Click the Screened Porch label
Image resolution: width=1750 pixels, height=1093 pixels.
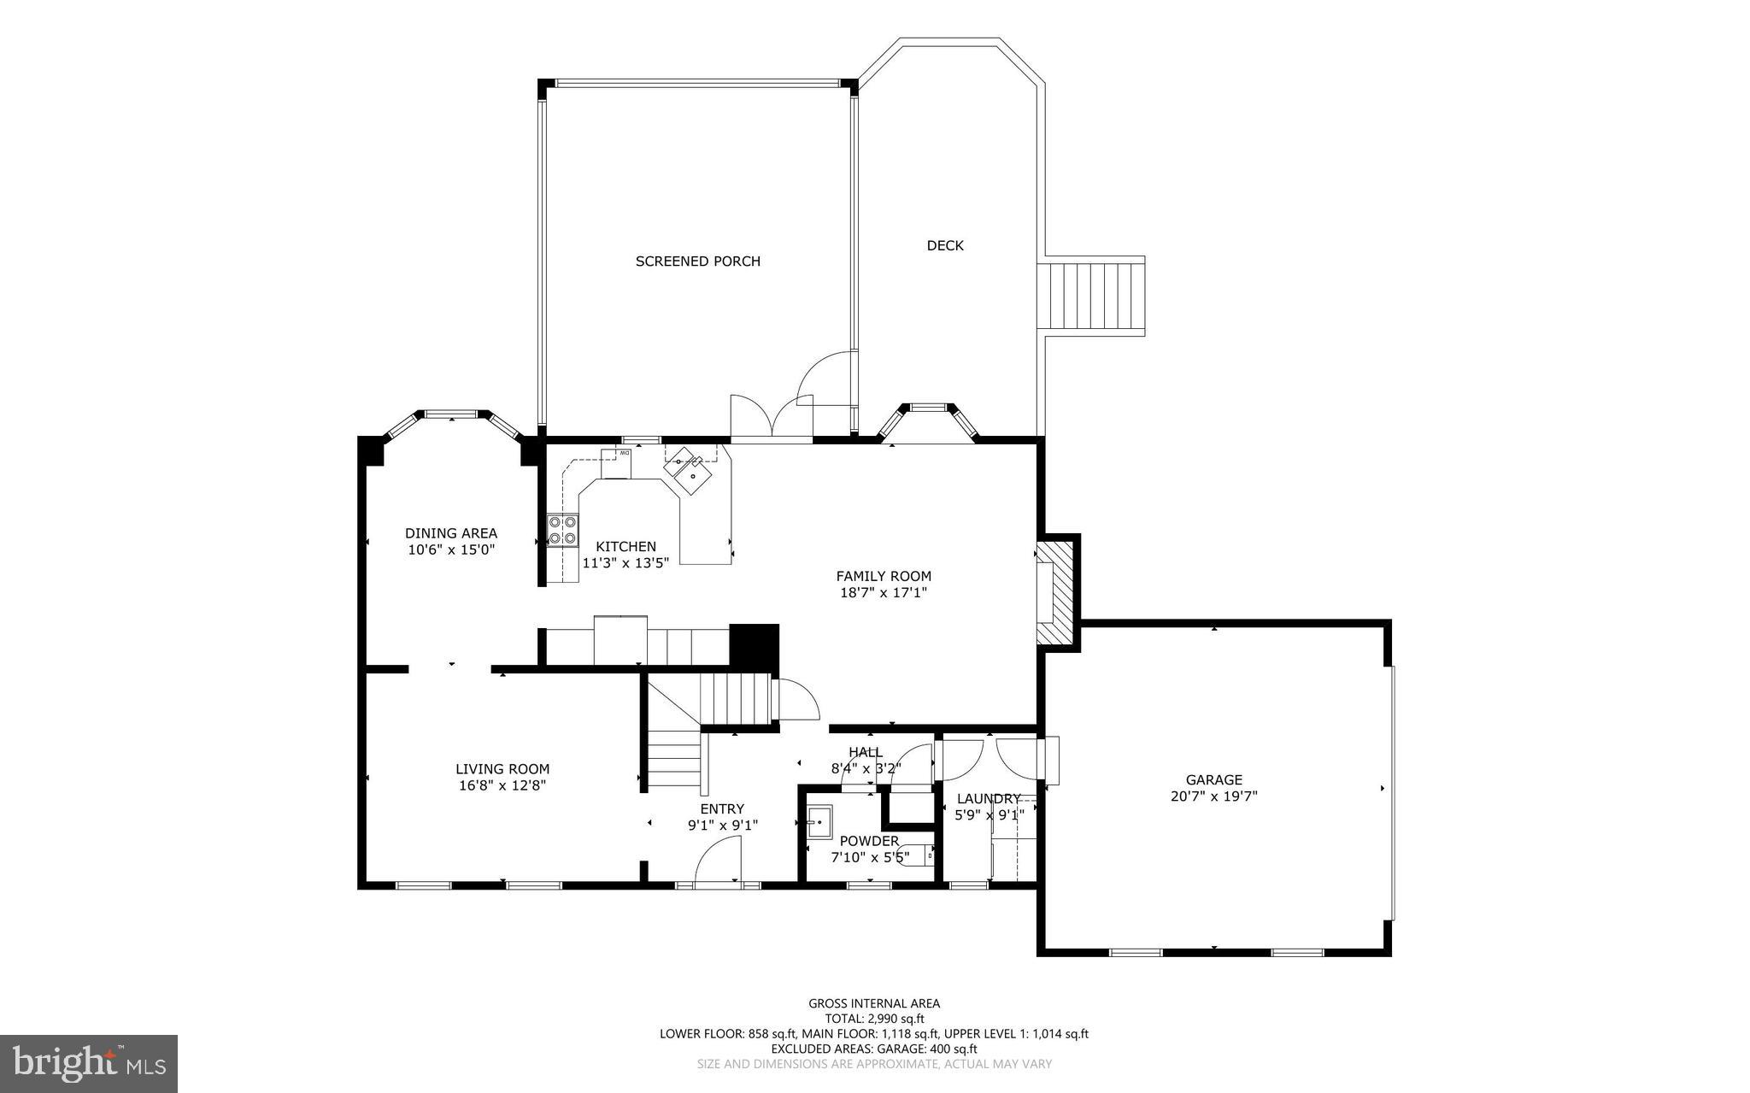697,261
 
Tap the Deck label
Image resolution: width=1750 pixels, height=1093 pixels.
945,246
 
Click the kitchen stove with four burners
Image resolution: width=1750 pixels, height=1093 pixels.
562,530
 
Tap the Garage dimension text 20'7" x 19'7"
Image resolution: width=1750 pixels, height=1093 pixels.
1213,796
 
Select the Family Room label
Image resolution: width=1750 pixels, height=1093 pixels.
884,576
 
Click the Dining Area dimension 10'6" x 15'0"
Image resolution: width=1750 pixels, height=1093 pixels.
451,550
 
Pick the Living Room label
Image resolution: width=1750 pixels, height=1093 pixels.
502,769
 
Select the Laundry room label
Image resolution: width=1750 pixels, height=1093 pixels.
988,799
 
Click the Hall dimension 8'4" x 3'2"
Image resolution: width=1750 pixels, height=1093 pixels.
866,768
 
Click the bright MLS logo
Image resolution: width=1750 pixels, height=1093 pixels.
89,1064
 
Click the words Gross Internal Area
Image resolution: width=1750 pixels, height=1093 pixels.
874,1004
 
